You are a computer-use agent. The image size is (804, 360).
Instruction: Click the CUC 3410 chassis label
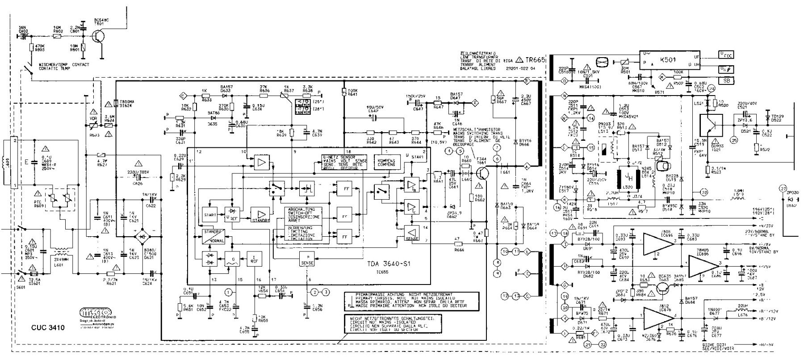pos(48,328)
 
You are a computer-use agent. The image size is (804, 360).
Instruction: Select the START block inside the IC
pos(209,215)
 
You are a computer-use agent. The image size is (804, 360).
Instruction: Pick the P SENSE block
pos(308,261)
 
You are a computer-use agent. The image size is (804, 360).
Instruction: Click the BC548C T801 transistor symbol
pos(100,38)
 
